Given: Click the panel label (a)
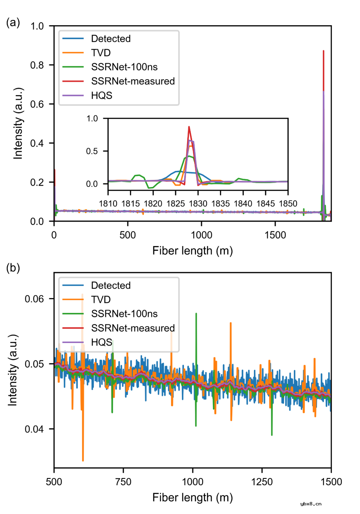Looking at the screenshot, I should click(13, 23).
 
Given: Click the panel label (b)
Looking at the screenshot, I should click(13, 268).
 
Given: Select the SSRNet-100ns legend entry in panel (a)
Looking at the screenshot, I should click(124, 67).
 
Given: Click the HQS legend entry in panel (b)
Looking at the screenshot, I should click(101, 342).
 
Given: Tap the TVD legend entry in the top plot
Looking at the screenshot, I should click(101, 53).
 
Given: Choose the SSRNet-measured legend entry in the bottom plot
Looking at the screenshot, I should click(133, 328).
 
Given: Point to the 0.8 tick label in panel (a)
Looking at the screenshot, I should click(37, 65).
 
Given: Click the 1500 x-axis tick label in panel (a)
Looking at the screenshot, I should click(275, 235).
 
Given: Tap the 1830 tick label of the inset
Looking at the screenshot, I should click(198, 204).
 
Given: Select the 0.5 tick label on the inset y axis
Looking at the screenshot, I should click(92, 151).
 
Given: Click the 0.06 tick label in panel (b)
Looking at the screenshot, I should click(34, 299).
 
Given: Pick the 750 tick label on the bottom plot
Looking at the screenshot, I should click(123, 482).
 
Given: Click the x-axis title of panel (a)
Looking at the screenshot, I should click(192, 251).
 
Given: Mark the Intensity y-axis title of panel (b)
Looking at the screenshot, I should click(13, 370).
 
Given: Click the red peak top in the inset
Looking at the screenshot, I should click(189, 127).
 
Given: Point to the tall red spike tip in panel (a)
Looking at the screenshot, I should click(323, 51).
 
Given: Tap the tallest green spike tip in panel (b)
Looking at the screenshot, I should click(196, 314).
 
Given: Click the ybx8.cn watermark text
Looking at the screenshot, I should click(311, 504).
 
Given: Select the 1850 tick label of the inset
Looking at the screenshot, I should click(288, 204).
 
